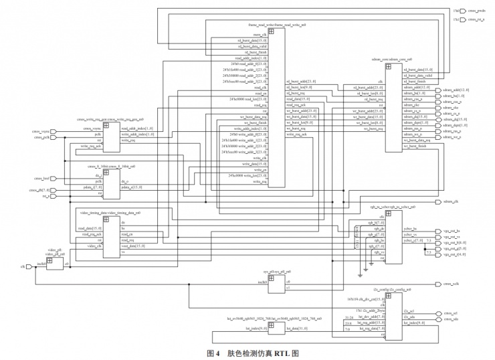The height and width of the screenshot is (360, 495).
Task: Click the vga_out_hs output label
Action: pos(452,230)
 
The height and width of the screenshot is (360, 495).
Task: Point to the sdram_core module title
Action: pos(390,60)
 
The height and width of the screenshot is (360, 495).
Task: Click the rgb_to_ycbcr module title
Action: pos(391,208)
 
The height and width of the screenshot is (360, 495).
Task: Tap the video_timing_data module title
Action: pos(110,212)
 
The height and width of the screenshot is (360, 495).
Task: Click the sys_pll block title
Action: pos(276,272)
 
